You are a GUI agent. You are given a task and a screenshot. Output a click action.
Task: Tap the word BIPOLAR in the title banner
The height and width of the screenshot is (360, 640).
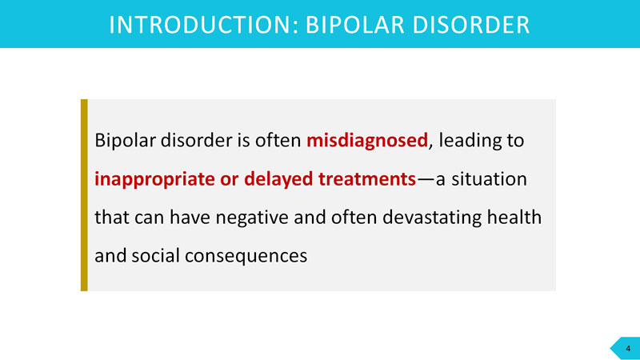pos(355,25)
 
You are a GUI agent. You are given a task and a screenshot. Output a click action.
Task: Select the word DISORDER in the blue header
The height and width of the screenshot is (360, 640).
pos(471,25)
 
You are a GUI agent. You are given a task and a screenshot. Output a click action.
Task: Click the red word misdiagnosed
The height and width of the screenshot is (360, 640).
pos(367,141)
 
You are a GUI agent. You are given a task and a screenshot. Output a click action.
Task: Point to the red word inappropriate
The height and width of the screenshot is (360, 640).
pos(154,179)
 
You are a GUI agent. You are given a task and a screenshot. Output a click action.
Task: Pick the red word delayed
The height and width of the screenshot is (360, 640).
pos(278,179)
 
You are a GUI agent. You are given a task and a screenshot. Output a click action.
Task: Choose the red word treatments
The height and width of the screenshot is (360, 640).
pos(367,179)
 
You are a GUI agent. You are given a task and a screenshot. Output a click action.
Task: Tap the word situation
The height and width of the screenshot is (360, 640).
pos(489,179)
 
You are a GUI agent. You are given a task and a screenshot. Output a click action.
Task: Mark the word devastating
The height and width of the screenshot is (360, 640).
pos(432,218)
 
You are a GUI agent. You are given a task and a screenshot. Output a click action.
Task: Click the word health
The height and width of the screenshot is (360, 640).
pos(514,217)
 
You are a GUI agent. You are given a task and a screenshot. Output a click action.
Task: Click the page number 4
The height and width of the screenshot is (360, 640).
pos(628,349)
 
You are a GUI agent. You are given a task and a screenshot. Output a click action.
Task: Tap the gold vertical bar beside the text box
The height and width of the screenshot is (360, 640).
pos(84,195)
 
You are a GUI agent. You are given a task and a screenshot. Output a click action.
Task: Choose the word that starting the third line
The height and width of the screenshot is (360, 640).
pos(112,217)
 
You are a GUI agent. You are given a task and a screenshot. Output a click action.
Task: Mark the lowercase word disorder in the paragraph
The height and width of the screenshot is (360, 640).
pos(197,140)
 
